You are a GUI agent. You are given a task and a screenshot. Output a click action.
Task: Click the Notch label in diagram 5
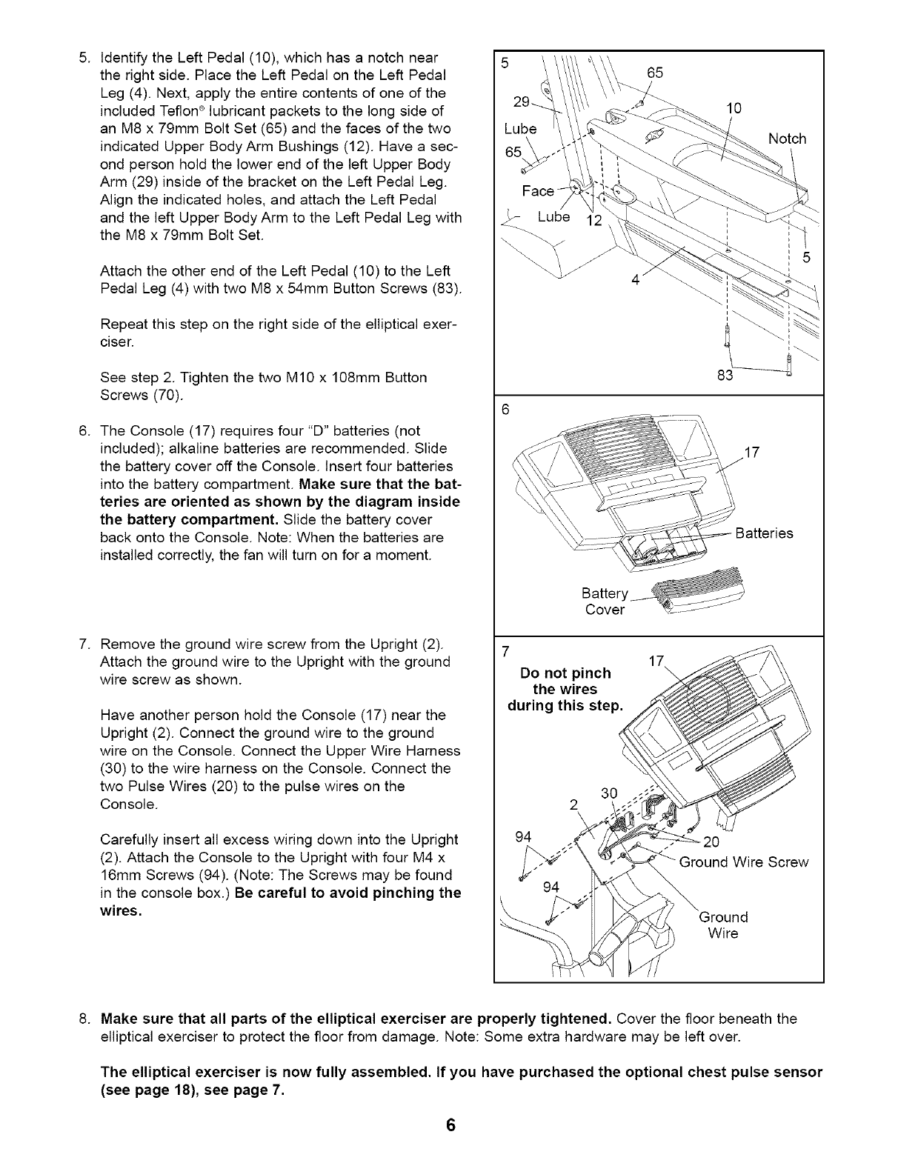click(x=787, y=139)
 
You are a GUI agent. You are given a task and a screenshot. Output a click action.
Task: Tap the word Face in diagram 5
click(x=537, y=191)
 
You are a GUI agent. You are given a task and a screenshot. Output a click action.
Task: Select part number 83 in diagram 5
click(x=725, y=376)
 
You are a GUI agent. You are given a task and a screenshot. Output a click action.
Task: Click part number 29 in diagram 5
click(x=522, y=103)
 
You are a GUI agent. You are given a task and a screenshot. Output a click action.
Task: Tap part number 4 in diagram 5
click(x=635, y=281)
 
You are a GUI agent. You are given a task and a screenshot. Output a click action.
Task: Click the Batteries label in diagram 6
click(x=763, y=533)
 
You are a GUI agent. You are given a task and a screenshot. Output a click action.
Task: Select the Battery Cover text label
click(x=605, y=602)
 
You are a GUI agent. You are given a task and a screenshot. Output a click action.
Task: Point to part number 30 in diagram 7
click(x=610, y=793)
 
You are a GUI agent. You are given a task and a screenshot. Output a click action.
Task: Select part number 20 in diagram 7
click(x=711, y=842)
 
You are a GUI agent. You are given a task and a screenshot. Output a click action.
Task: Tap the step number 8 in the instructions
click(x=84, y=1019)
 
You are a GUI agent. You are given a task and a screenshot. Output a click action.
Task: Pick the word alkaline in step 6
click(x=188, y=449)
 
